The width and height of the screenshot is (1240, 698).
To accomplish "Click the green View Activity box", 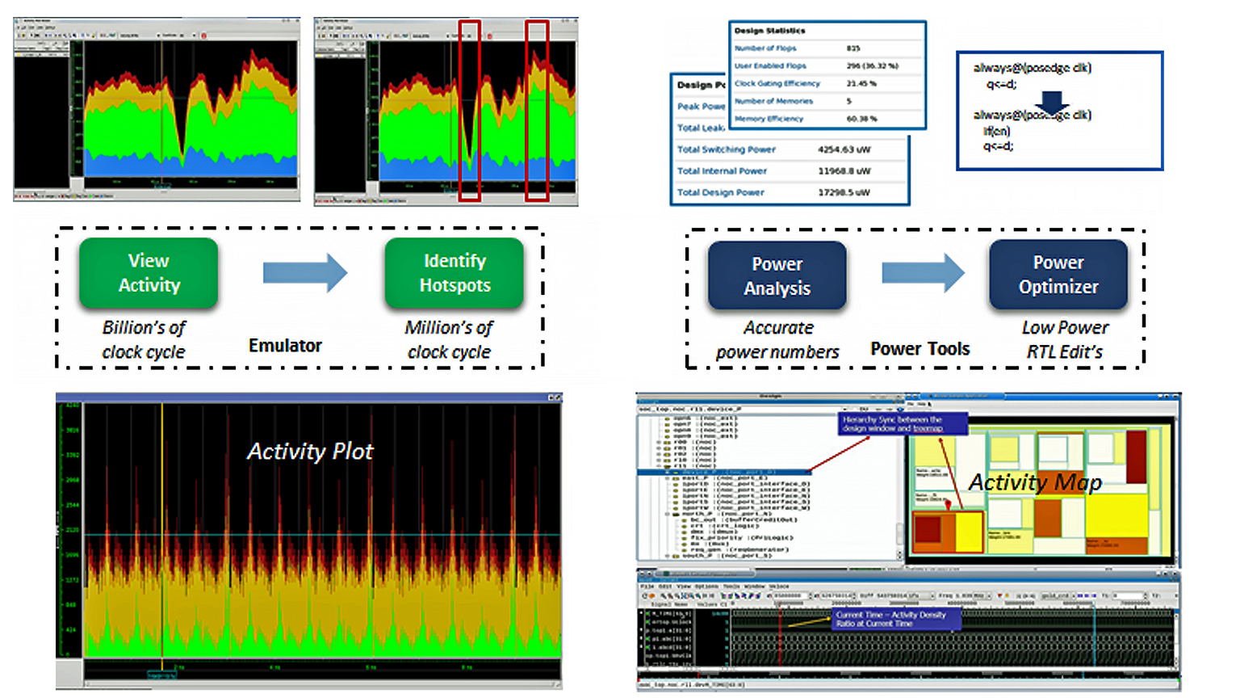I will (149, 273).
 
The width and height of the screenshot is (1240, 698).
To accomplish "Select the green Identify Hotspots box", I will (455, 273).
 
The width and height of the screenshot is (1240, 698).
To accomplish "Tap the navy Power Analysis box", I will (777, 276).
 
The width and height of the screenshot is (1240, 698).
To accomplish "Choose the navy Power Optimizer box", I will (1058, 275).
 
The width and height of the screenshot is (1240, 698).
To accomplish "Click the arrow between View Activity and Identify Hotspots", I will (304, 273).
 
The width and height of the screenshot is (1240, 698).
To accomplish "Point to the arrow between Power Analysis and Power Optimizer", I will (922, 273).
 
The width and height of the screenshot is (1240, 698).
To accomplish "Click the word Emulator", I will (285, 346).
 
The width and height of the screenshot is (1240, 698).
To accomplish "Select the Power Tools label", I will (920, 349).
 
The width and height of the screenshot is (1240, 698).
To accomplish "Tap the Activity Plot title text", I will (310, 452).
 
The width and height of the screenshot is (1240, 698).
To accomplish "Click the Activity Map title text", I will (1035, 482).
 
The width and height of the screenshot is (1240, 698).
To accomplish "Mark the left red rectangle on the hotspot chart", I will (469, 111).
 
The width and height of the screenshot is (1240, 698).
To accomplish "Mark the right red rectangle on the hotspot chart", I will (537, 111).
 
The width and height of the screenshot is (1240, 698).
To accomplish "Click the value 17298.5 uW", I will (844, 192).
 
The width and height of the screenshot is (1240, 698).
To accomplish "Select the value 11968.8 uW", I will (844, 171).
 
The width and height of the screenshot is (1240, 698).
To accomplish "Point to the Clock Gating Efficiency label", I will (777, 83).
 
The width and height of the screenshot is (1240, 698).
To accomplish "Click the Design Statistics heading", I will (769, 31).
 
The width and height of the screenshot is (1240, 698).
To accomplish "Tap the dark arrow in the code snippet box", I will (1051, 102).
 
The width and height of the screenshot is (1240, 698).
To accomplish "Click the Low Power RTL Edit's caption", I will (1065, 340).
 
